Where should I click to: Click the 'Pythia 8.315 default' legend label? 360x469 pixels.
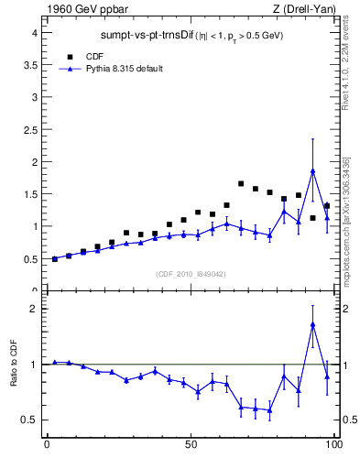coord(119,69)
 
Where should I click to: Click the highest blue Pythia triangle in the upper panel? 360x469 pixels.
coord(312,170)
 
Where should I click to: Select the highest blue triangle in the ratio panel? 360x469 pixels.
coord(312,324)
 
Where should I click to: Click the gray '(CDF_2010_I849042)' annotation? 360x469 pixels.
coord(190,273)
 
